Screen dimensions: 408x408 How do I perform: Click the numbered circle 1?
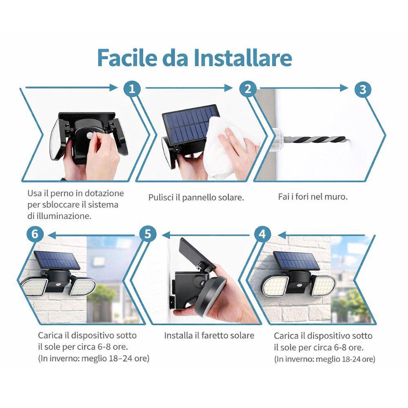[132, 89]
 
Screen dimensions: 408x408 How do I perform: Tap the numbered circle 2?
[248, 89]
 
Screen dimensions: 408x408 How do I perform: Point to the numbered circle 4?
[262, 234]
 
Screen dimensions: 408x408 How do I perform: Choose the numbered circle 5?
[148, 234]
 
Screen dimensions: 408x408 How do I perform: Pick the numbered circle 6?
[35, 234]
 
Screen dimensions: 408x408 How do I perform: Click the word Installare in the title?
[242, 58]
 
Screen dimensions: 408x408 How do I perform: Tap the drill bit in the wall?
[314, 140]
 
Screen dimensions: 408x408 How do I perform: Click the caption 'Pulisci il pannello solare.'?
[196, 197]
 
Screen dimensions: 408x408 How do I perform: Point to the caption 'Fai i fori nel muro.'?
[313, 197]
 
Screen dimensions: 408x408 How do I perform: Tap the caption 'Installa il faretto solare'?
[209, 335]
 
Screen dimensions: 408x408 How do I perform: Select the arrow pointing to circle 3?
[304, 89]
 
